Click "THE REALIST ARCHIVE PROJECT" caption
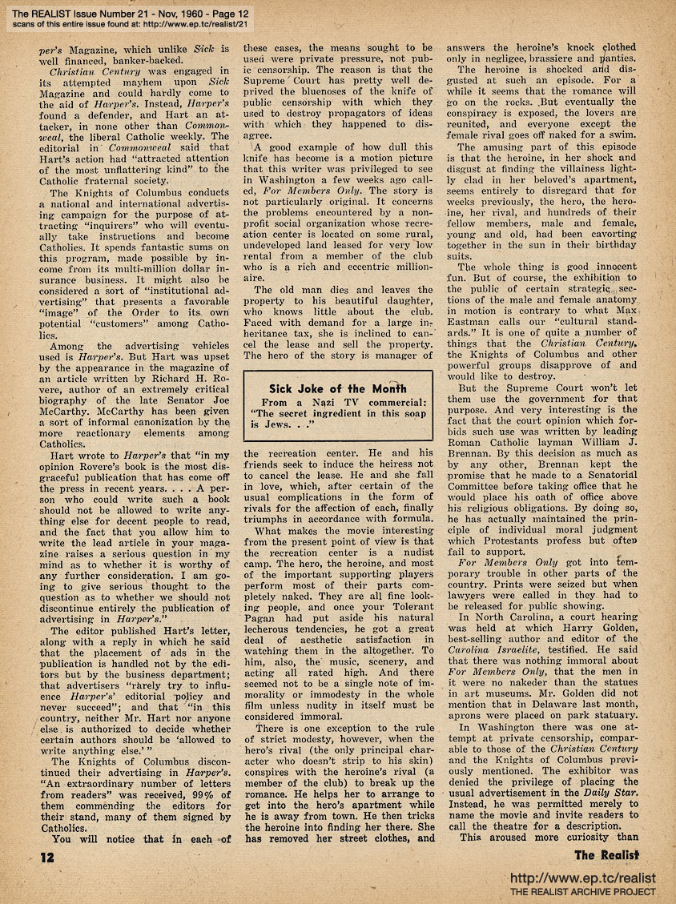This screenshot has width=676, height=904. click(x=583, y=891)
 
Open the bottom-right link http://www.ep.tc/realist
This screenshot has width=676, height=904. click(x=583, y=878)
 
